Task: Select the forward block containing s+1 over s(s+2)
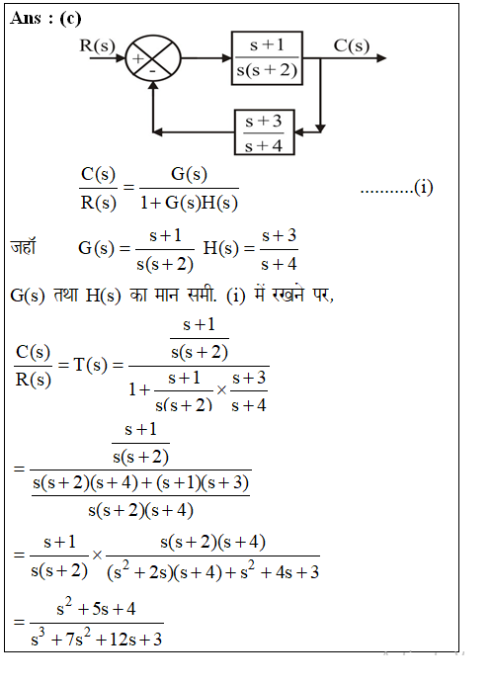point(267,58)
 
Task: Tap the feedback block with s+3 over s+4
point(265,132)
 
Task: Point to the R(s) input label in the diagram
point(97,45)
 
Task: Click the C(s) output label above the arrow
point(351,45)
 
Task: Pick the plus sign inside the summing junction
point(138,58)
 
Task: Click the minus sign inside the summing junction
point(153,70)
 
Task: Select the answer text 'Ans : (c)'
point(45,19)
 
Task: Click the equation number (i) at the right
point(423,188)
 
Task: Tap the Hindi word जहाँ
point(23,246)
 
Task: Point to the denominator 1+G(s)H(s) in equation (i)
point(189,203)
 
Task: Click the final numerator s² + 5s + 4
point(96,608)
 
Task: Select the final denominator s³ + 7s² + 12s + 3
point(97,639)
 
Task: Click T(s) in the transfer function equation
point(90,365)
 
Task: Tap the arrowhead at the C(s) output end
point(380,58)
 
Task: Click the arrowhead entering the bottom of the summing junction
point(153,86)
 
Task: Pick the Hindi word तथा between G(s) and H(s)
point(65,295)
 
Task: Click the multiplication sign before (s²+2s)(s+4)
point(97,556)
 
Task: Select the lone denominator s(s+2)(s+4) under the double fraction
point(140,510)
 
